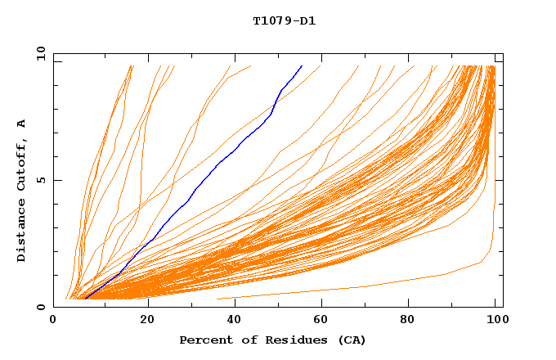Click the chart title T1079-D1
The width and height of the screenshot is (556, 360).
284,20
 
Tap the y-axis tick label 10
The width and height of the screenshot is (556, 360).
40,53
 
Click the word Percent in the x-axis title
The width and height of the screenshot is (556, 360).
204,340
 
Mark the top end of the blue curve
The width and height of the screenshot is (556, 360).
302,65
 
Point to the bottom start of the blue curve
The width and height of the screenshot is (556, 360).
85,299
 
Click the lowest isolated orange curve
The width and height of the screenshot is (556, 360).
368,286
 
